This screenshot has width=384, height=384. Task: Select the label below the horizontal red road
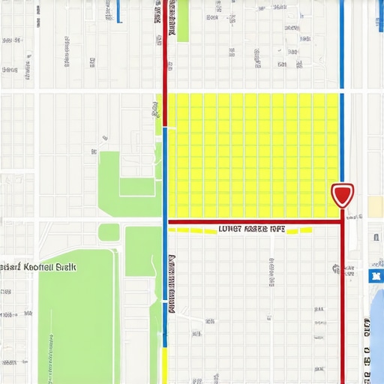[250, 230]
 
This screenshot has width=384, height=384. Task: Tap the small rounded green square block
[109, 232]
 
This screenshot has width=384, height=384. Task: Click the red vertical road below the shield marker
[343, 300]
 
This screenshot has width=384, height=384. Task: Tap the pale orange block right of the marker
[375, 206]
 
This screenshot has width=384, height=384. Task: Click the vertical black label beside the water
[368, 349]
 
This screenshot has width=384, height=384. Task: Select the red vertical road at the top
[165, 45]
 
